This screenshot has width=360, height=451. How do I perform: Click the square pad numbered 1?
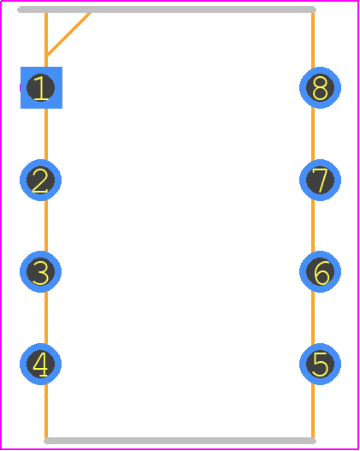click(x=41, y=88)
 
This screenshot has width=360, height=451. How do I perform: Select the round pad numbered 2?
click(x=40, y=180)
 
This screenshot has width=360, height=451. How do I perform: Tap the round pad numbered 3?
click(x=40, y=272)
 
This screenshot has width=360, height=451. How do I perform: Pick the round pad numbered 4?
click(x=40, y=364)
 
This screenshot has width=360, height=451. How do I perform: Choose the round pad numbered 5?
click(x=321, y=364)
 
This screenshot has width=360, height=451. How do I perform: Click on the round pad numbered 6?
click(x=321, y=272)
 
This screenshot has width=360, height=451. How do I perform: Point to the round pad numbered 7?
click(x=321, y=180)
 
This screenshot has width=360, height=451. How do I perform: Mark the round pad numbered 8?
click(x=321, y=88)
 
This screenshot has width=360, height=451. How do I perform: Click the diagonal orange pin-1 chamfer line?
click(x=68, y=34)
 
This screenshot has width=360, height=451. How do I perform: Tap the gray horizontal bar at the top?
click(x=167, y=9)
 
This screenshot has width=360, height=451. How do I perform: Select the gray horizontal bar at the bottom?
click(x=180, y=441)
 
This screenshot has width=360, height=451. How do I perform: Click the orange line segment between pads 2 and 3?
click(x=46, y=226)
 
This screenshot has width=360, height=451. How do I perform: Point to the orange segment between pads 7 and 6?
click(x=313, y=226)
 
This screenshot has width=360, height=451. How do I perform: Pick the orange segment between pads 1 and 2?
click(x=46, y=134)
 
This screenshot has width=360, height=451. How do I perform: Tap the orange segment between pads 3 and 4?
click(x=46, y=317)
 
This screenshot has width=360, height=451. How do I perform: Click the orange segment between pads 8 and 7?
click(x=313, y=134)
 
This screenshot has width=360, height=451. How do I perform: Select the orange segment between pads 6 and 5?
click(x=313, y=317)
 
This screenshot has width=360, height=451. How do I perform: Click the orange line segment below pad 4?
click(x=46, y=411)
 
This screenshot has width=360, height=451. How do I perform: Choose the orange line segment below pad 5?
click(x=313, y=411)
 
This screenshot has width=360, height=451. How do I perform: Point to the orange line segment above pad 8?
click(x=313, y=40)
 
